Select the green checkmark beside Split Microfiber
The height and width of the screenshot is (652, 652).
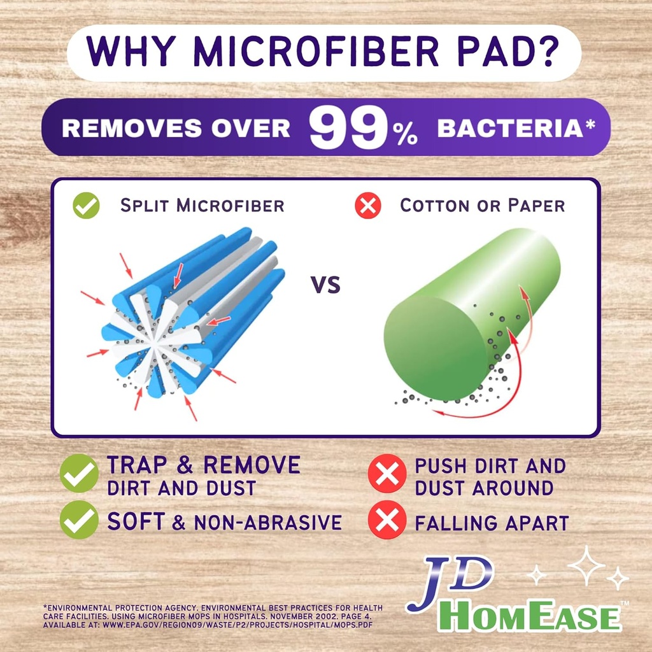click(x=86, y=206)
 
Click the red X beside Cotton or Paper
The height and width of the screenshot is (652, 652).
click(x=367, y=206)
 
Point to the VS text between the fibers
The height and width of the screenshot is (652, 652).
click(x=325, y=285)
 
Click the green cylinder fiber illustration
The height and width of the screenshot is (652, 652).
click(x=471, y=312)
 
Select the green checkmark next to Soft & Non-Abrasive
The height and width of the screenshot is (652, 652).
click(x=79, y=520)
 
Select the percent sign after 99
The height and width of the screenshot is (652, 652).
click(x=404, y=136)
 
